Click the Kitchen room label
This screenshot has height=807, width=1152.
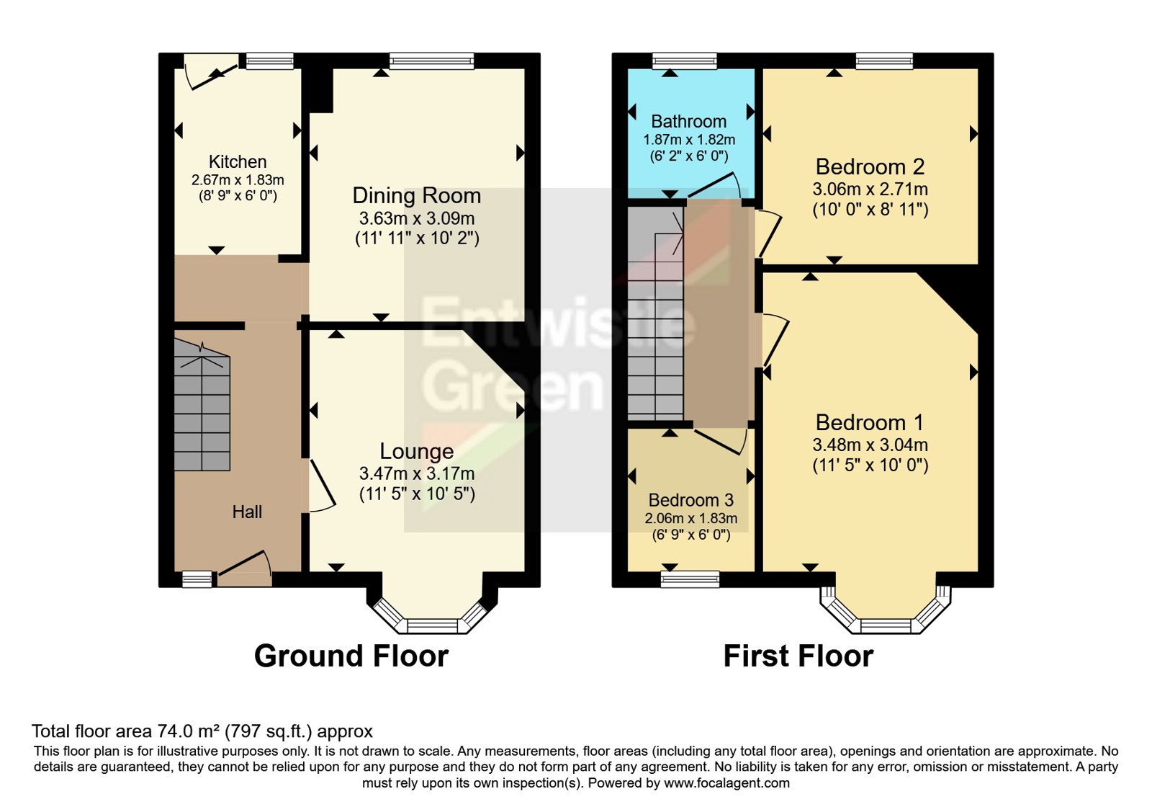(238, 161)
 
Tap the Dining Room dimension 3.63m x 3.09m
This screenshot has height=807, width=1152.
(417, 218)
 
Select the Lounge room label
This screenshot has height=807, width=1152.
(417, 451)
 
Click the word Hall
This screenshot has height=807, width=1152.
(247, 512)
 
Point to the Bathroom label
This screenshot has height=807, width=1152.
(688, 121)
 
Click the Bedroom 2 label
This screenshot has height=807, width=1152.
(870, 166)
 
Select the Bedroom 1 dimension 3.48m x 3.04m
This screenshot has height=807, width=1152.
(870, 445)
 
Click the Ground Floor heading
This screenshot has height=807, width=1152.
(351, 656)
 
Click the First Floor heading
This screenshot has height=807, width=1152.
(798, 656)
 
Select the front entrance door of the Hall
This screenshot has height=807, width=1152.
(245, 566)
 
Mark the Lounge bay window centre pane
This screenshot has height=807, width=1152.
(432, 625)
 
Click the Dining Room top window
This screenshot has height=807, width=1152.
(432, 61)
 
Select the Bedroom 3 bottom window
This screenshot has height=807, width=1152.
(690, 579)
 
